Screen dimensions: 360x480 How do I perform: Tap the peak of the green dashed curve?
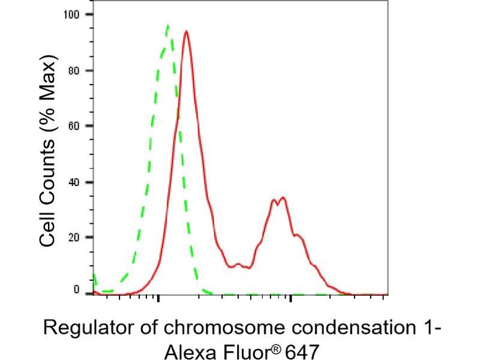click(x=167, y=25)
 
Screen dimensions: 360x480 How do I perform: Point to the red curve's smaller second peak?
click(x=282, y=197)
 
